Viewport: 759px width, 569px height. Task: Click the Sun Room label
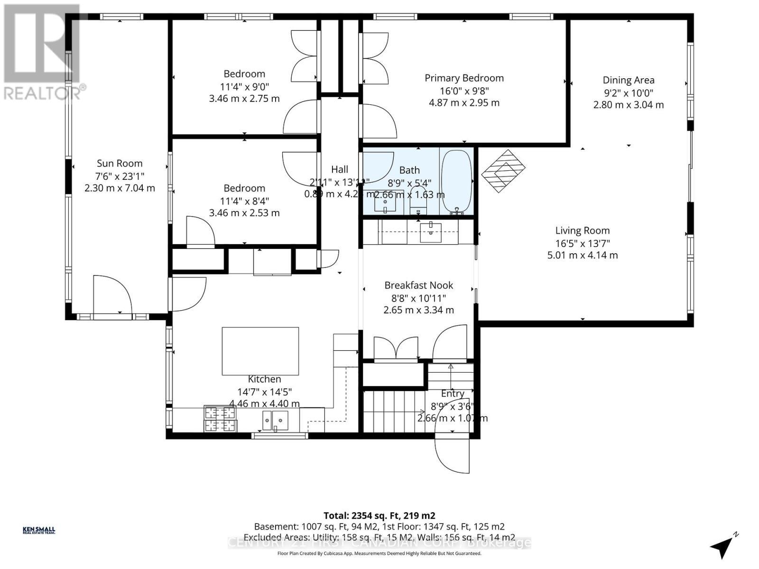(120, 164)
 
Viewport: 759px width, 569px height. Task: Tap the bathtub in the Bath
(456, 181)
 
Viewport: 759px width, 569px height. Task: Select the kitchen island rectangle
(260, 351)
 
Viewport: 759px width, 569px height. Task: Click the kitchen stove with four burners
(220, 419)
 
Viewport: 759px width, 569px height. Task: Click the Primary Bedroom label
(464, 78)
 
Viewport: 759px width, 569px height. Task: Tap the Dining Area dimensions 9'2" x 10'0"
(628, 93)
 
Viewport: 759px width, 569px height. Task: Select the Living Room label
(583, 231)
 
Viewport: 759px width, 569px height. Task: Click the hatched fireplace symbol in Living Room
(503, 171)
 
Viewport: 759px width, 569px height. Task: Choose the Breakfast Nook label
(418, 285)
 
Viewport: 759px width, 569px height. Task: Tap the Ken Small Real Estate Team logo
(39, 530)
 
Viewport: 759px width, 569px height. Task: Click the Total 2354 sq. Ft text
(379, 515)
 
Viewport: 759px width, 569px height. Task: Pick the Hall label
(340, 169)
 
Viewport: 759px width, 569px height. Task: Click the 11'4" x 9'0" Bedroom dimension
(244, 87)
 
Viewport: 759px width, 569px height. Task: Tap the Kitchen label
(264, 379)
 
